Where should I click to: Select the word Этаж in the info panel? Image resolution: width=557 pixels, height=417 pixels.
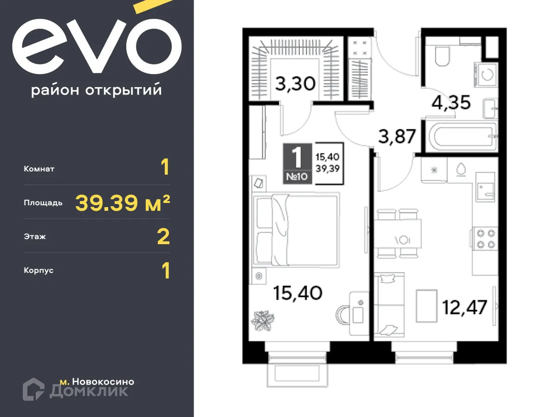pos(35,237)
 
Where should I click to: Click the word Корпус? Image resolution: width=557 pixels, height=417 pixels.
pos(39,271)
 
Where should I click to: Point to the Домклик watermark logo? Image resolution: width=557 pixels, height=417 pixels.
pos(76,390)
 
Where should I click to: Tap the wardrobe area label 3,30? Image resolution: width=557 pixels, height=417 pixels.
pos(295,84)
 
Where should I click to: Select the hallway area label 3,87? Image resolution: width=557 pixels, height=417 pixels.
pos(396,137)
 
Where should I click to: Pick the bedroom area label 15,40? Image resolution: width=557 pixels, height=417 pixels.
pos(298,292)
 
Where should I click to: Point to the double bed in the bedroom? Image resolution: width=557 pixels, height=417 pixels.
pos(295,230)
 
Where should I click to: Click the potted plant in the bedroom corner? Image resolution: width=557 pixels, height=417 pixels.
pos(263,320)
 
